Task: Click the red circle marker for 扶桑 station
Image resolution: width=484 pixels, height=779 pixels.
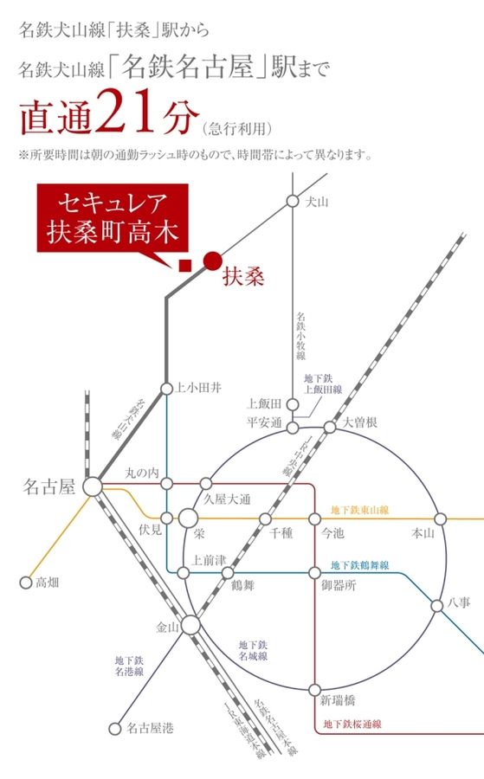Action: click(212, 259)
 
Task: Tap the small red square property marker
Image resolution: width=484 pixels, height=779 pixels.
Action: click(184, 266)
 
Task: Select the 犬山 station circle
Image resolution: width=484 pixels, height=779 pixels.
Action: click(293, 201)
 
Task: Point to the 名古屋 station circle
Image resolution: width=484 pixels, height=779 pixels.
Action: click(93, 486)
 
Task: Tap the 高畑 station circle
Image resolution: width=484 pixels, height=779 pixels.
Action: click(26, 582)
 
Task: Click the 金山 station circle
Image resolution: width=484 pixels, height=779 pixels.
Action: click(190, 625)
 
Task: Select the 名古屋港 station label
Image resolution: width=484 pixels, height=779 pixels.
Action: click(150, 729)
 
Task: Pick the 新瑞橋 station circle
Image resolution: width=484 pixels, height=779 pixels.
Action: click(314, 690)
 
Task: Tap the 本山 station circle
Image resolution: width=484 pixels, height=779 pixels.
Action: click(440, 518)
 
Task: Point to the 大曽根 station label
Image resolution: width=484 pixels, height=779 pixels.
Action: click(360, 423)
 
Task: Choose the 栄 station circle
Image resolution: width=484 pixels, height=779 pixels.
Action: click(189, 518)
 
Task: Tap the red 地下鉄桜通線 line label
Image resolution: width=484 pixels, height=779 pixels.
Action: click(352, 724)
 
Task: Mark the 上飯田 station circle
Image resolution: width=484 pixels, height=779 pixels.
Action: click(294, 403)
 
